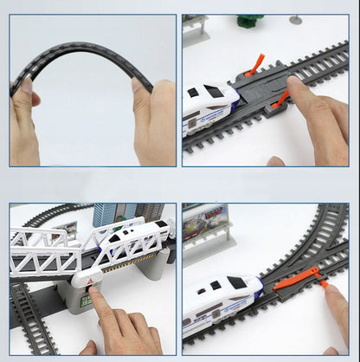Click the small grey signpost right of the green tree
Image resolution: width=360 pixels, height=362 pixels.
click(297, 18)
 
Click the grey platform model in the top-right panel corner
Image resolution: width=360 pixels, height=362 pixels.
click(197, 27)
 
